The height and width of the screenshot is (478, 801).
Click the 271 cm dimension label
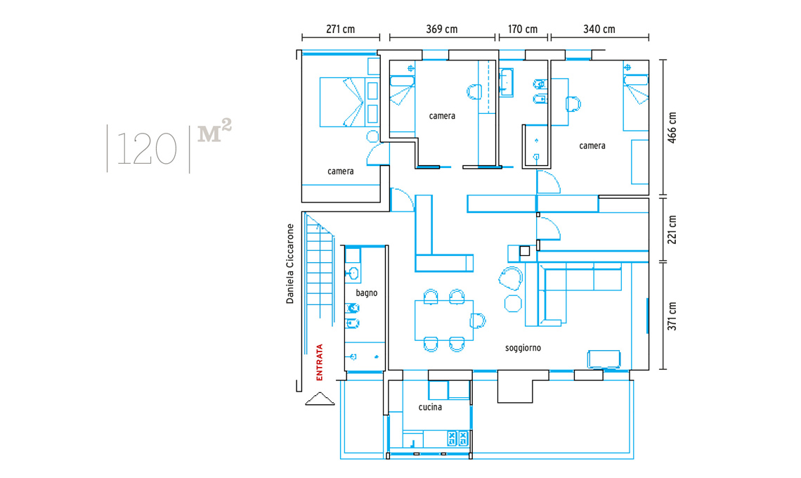pos(340,30)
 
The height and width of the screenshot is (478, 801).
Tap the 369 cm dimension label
pos(442,30)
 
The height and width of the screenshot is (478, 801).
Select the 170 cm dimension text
pos(523,30)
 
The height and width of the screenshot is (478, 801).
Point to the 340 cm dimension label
pos(599,30)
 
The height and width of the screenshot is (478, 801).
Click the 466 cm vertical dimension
pos(673,127)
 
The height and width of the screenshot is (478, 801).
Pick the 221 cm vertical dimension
pos(673,229)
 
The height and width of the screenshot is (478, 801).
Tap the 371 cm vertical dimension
pos(673,316)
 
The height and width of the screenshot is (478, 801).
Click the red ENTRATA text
pos(320,362)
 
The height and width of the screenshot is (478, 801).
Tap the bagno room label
pos(366,293)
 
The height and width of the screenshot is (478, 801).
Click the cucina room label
pos(430,407)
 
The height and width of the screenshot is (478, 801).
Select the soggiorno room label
pos(523,348)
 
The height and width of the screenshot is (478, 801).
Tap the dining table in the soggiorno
pos(443,320)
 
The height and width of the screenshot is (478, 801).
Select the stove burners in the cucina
pos(457,439)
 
